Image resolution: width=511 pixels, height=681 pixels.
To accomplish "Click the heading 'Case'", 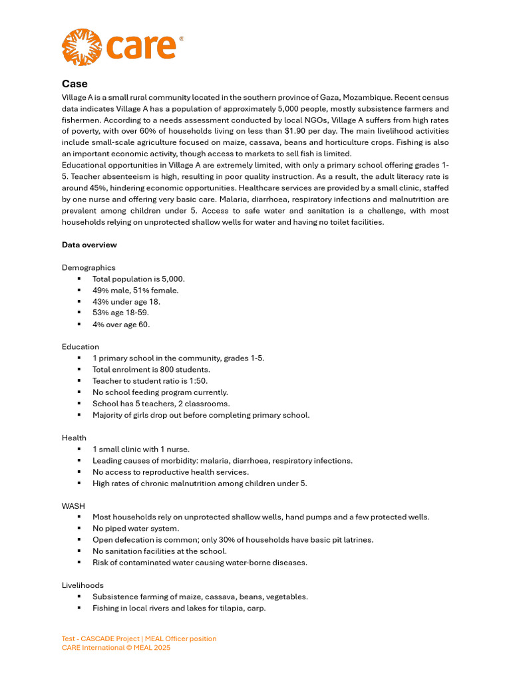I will tap(75, 84).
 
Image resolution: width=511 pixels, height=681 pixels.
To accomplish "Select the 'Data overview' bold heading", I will tap(89, 245).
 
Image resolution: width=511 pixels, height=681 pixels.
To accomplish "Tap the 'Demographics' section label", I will tap(88, 267).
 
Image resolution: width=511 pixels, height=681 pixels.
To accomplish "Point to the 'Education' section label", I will tap(81, 346).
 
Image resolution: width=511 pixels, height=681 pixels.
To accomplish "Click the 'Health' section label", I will tap(74, 438).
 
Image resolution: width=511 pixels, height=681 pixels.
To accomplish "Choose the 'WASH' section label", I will tap(73, 506).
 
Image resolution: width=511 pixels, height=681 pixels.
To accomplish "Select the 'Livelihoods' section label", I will tap(83, 585).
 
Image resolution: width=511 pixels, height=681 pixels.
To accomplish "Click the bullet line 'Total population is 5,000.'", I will tap(138, 279).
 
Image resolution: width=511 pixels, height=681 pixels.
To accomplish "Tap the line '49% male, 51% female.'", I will tap(135, 291).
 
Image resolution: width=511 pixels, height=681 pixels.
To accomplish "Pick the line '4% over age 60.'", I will tap(121, 325).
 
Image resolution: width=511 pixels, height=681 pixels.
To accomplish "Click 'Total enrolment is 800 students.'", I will tap(151, 370).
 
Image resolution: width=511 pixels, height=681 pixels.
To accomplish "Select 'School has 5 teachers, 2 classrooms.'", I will tap(161, 404).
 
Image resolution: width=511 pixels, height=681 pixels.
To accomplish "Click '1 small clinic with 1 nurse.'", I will tap(141, 450).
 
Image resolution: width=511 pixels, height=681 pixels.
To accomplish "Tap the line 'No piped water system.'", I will tap(136, 529).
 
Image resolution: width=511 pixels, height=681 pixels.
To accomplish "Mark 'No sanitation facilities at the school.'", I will tap(160, 551).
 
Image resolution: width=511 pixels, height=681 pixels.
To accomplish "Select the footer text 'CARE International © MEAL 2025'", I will tap(116, 647).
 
